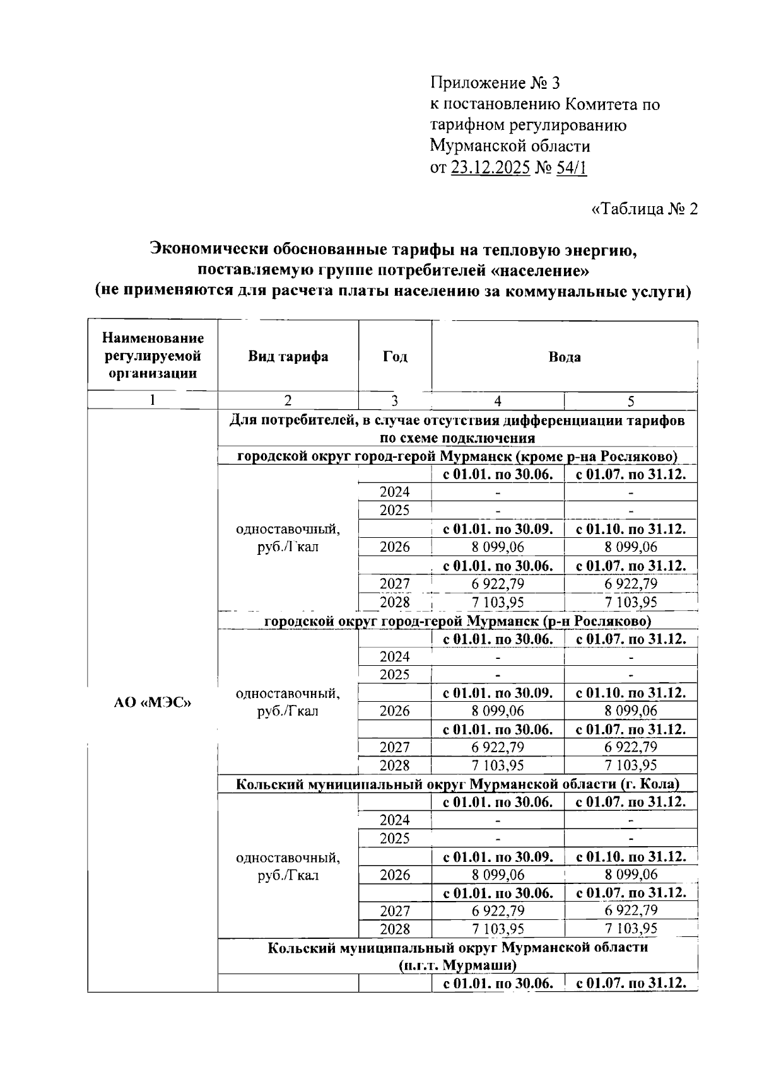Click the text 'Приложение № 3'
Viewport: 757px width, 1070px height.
tap(495, 83)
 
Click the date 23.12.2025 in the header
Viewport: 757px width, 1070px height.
tap(490, 168)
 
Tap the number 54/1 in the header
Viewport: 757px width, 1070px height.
tap(572, 168)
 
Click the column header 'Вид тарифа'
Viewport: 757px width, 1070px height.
tap(288, 357)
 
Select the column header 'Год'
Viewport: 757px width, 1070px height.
tap(395, 357)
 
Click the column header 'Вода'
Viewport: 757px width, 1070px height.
tap(565, 357)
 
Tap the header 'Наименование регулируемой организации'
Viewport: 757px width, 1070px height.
tap(153, 356)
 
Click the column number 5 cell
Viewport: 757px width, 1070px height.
tap(631, 401)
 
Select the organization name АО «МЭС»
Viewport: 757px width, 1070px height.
tap(153, 702)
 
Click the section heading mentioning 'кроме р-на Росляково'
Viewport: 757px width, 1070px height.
tap(457, 456)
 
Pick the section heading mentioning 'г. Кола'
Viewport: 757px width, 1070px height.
tap(457, 784)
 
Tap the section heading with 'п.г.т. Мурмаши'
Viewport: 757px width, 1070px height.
tap(457, 965)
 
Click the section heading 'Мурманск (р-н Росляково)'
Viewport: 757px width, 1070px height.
tap(457, 621)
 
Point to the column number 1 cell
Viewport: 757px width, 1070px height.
tap(153, 401)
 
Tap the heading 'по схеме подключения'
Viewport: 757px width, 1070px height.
tap(457, 438)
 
